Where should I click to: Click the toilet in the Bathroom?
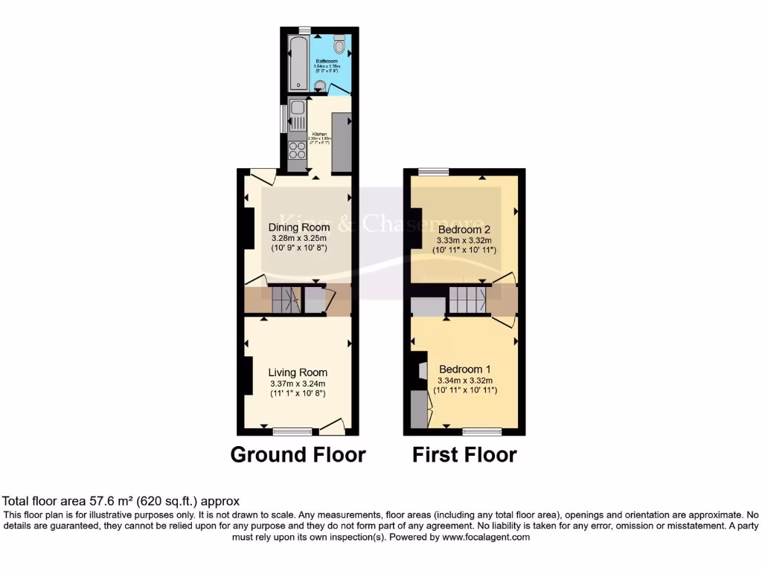[340, 46]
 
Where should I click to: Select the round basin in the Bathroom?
[320, 85]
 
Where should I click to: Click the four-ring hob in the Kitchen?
[298, 150]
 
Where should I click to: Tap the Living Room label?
[298, 372]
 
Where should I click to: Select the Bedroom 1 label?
[465, 370]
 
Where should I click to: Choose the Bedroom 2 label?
[464, 230]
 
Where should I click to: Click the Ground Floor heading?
[298, 454]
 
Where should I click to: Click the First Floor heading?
[464, 454]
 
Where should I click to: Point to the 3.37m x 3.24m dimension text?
[298, 384]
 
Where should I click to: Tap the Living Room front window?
[292, 431]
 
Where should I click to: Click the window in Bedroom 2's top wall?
[433, 172]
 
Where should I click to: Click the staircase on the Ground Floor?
[284, 300]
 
